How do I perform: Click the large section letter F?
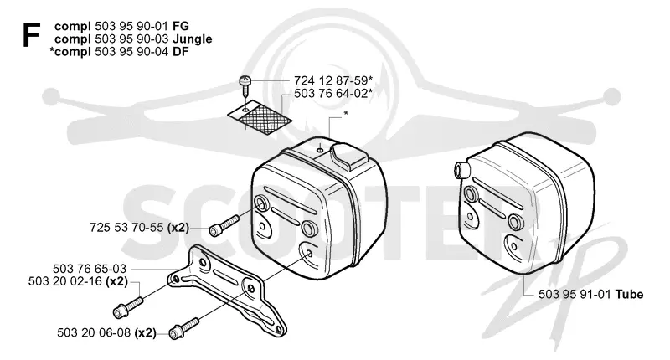pos(31,35)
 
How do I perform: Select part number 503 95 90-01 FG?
pos(142,26)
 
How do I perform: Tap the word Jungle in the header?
pos(193,39)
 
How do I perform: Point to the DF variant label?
pos(181,51)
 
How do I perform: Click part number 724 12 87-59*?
pos(333,80)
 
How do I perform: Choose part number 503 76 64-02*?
pos(333,93)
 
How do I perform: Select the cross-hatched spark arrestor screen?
pos(260,118)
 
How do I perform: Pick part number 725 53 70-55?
pos(126,227)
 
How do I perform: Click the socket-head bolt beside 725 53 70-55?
pos(224,225)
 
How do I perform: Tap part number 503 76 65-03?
pos(90,269)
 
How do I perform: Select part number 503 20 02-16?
pos(65,281)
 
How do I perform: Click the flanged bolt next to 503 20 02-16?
pos(128,307)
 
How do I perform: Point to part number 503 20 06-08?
pos(94,332)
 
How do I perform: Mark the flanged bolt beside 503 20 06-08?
pos(184,328)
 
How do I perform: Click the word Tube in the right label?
pos(629,294)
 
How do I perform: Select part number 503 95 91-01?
pos(575,294)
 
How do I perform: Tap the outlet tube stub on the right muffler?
pos(461,169)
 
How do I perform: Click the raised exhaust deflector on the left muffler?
pos(348,157)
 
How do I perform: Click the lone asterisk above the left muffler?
pos(346,113)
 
